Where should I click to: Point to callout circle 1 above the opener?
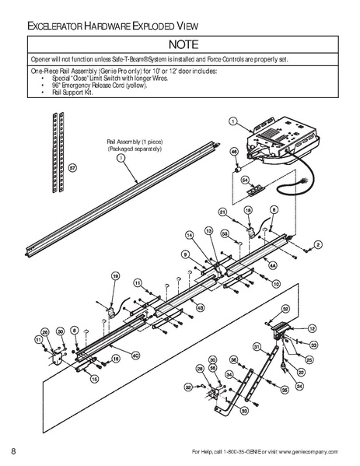(232, 121)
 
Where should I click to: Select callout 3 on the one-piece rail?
(121, 156)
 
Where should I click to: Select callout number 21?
(222, 212)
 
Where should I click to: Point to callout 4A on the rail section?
(272, 265)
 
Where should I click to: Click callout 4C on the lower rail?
(135, 356)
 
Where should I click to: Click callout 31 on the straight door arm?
(257, 345)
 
